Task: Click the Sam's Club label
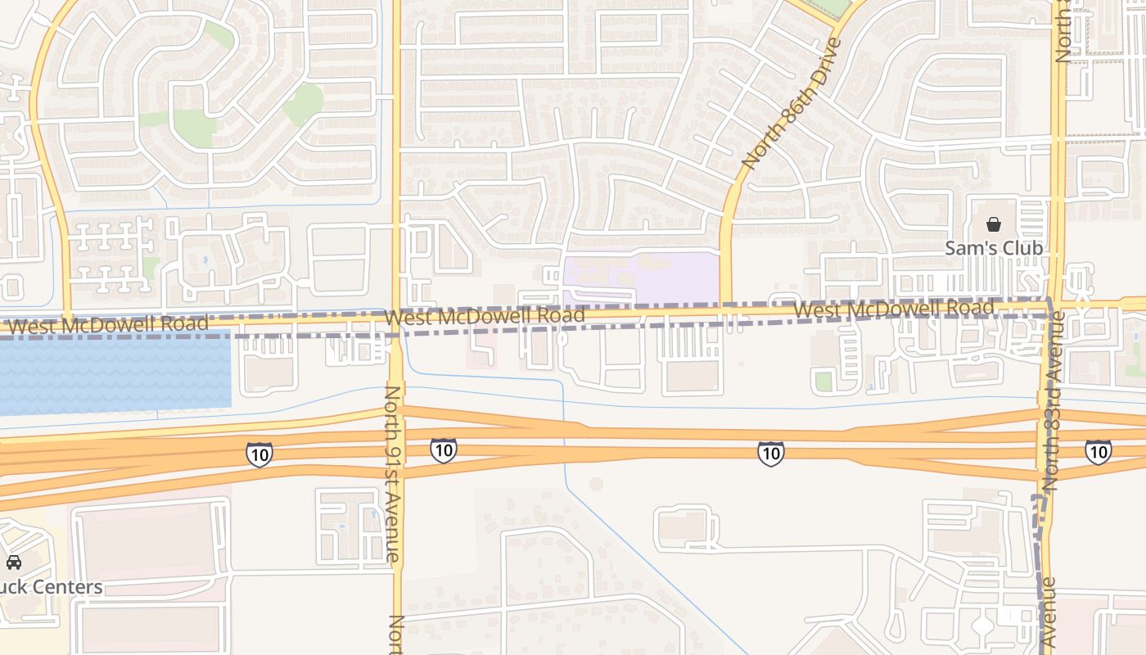(x=994, y=248)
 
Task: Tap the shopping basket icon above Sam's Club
(x=994, y=224)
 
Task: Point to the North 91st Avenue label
(x=393, y=473)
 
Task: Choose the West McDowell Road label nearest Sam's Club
(x=893, y=309)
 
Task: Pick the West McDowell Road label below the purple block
(x=485, y=316)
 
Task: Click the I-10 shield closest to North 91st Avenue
(x=443, y=449)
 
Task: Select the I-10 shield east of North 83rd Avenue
(x=1098, y=451)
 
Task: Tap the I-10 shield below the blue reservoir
(x=259, y=454)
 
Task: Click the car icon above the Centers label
(x=14, y=562)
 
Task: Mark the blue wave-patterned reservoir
(x=115, y=373)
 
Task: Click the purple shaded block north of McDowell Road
(x=640, y=277)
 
